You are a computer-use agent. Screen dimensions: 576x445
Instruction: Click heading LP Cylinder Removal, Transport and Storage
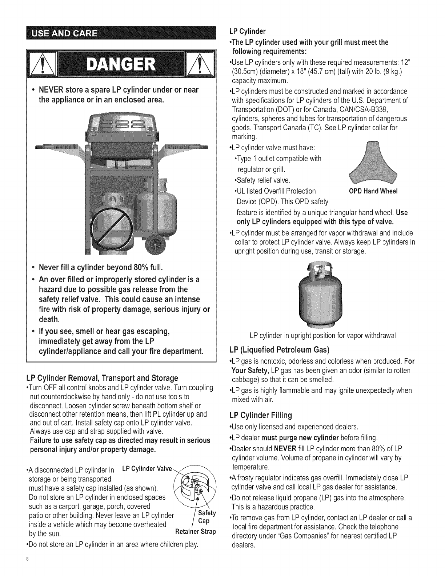100,377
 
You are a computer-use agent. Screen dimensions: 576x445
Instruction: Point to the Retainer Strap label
196,532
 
